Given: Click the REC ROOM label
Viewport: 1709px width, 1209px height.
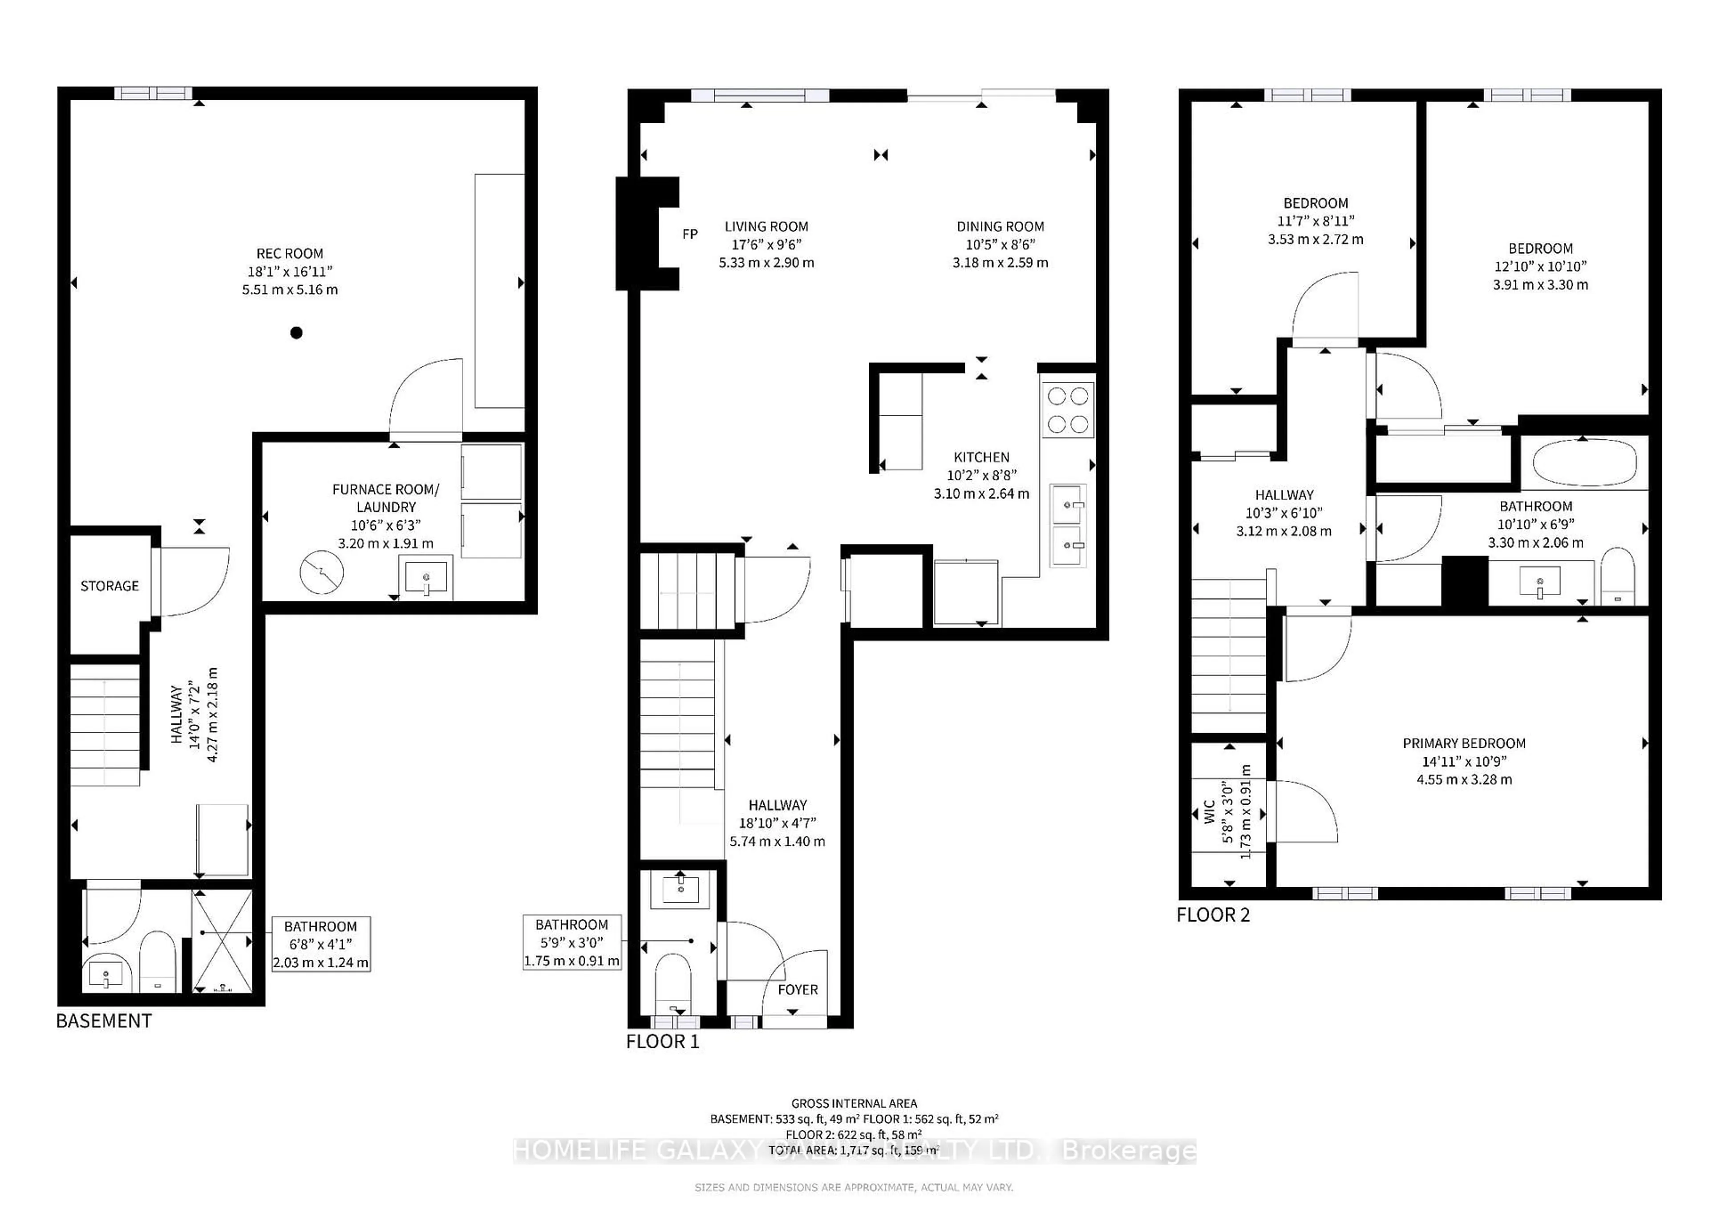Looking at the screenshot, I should (290, 254).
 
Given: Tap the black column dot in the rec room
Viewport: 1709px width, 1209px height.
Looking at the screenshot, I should (296, 333).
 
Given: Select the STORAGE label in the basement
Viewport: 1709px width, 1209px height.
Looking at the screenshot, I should (109, 586).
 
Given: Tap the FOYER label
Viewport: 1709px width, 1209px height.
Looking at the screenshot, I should (797, 990).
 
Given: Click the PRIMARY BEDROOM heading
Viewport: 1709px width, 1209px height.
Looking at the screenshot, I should (1463, 743).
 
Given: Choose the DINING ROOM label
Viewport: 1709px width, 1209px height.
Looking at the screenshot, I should (1000, 226).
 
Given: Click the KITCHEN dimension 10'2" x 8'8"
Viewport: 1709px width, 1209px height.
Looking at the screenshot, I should (981, 475).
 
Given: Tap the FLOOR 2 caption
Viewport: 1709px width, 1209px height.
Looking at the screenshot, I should (1212, 915).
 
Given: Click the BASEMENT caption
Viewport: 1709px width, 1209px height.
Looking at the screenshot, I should (103, 1021).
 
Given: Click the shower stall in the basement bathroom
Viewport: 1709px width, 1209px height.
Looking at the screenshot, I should (223, 941).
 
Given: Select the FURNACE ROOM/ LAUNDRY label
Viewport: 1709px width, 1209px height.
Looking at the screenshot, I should (385, 498).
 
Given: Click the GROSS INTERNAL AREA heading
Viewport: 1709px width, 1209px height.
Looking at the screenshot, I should (854, 1104).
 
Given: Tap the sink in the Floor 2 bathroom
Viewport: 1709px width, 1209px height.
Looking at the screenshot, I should (1539, 582).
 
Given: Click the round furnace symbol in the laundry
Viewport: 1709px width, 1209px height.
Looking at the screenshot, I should (322, 572).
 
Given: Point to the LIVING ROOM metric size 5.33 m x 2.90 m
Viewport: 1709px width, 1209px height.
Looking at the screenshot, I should (766, 263).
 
